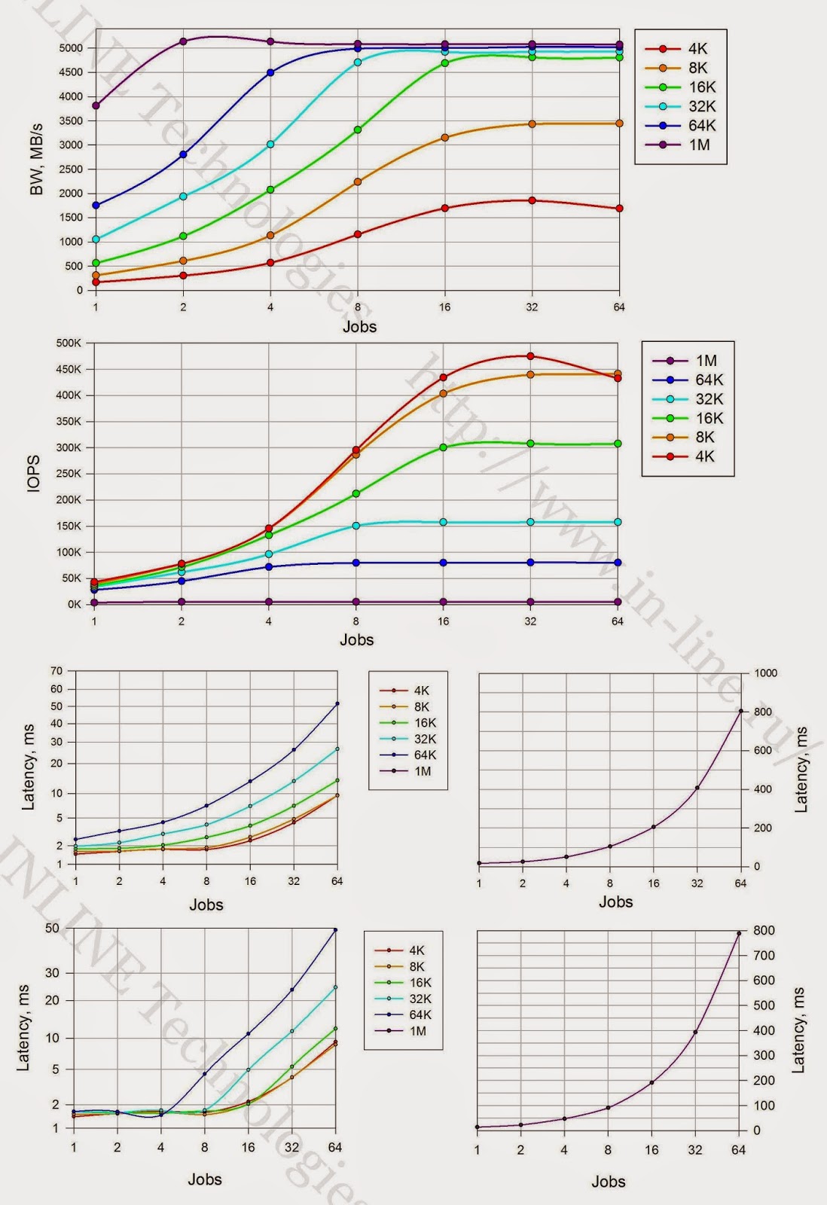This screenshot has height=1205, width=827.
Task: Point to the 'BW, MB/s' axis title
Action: pyautogui.click(x=36, y=160)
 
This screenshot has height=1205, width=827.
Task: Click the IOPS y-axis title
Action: pyautogui.click(x=33, y=474)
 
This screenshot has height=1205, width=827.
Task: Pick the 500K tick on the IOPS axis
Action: pyautogui.click(x=69, y=343)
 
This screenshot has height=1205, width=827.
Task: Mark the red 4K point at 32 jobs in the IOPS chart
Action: pyautogui.click(x=531, y=356)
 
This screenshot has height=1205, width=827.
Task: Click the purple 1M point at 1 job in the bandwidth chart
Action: pyautogui.click(x=96, y=105)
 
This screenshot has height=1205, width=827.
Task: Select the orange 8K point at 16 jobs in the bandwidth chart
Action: pyautogui.click(x=445, y=137)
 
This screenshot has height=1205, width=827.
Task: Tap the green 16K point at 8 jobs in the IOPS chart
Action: pyautogui.click(x=356, y=493)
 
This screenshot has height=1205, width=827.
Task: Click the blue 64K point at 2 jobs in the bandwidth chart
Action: pyautogui.click(x=183, y=154)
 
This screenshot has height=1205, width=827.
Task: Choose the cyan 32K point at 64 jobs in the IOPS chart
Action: pyautogui.click(x=618, y=522)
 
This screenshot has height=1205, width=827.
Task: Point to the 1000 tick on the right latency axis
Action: pyautogui.click(x=766, y=673)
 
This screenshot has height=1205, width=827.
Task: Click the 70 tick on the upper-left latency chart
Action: pyautogui.click(x=56, y=670)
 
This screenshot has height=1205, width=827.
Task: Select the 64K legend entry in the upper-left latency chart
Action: pyautogui.click(x=424, y=755)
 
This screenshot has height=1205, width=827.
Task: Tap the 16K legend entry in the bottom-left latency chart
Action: pyautogui.click(x=420, y=982)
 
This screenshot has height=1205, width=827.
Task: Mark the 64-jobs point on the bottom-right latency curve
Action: pyautogui.click(x=739, y=933)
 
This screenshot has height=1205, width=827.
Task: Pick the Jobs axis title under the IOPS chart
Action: pyautogui.click(x=356, y=639)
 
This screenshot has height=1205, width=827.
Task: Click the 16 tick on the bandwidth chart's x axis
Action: pyautogui.click(x=445, y=307)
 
